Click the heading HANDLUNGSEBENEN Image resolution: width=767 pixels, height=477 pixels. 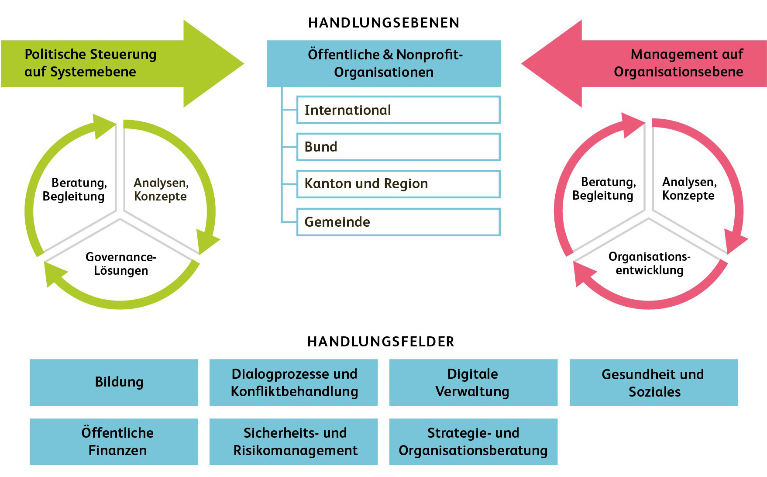384,23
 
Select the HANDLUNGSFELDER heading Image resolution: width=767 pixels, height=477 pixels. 381,342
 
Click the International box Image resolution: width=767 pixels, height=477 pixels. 398,110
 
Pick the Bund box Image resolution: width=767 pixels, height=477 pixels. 398,147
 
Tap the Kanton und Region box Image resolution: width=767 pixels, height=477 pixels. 398,184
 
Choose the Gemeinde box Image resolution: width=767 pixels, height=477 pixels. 398,222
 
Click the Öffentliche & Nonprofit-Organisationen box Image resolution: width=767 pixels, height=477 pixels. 384,63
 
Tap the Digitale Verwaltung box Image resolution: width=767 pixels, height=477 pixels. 473,382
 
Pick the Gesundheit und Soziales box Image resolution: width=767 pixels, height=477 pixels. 653,382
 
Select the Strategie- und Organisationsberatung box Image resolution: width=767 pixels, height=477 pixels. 473,442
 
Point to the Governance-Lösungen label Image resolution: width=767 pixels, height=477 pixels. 121,264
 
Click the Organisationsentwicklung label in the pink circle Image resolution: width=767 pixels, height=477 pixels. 650,263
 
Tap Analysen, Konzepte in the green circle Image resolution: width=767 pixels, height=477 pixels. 161,190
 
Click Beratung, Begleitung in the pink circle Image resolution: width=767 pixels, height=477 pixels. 603,189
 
